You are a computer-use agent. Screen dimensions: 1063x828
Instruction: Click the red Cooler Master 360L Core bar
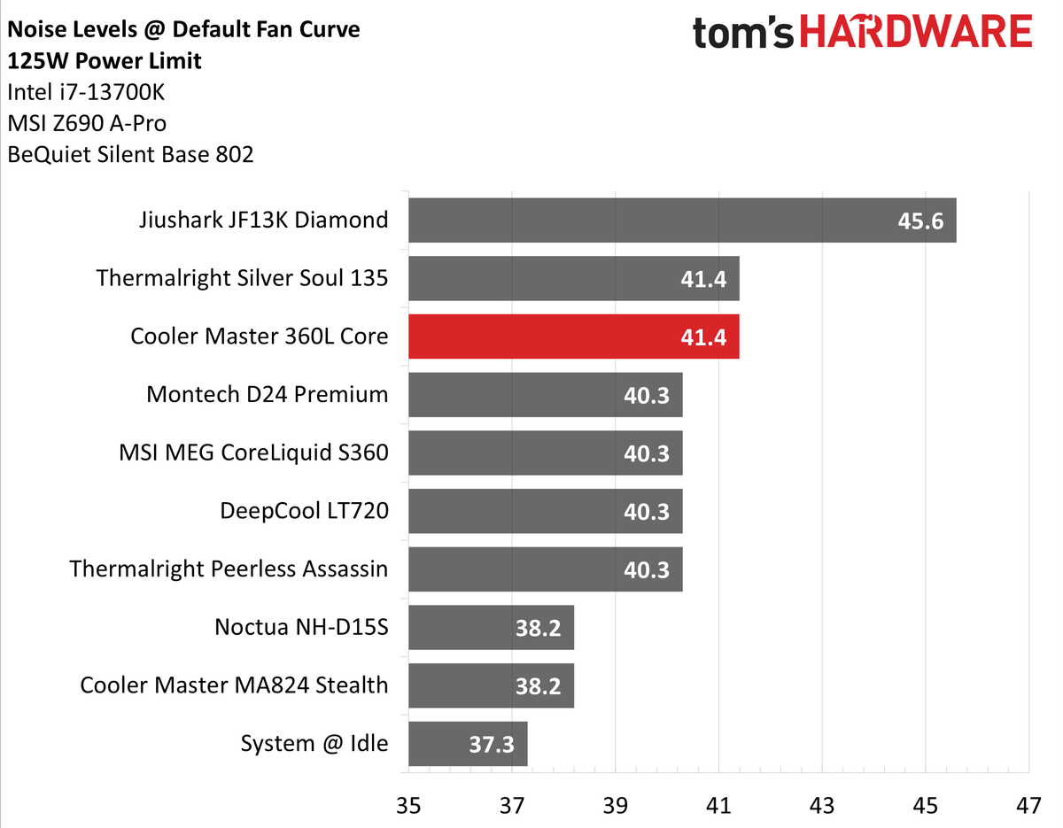pos(574,337)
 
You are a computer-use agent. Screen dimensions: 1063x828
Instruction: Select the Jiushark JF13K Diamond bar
pos(682,221)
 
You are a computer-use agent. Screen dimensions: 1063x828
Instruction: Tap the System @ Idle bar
pos(468,744)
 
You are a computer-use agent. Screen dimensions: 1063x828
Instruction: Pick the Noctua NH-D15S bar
pos(491,628)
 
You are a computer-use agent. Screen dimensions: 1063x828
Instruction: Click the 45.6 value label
pos(920,221)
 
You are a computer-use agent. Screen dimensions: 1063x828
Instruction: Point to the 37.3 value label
pos(492,745)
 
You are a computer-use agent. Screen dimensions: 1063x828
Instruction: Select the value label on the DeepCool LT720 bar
pos(646,512)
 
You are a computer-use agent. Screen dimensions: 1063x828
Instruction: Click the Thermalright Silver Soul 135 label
pos(242,278)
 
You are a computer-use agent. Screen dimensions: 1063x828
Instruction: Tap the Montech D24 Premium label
pos(268,394)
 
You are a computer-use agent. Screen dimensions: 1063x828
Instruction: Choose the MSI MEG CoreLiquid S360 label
pos(254,453)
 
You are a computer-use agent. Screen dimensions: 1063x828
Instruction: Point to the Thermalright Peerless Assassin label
pos(229,569)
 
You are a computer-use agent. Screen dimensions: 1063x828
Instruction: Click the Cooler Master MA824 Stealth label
pos(235,685)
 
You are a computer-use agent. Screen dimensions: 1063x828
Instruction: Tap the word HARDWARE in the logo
pos(916,31)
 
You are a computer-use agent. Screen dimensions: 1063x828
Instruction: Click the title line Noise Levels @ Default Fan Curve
pos(183,30)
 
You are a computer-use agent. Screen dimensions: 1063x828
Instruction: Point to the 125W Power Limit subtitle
pos(105,61)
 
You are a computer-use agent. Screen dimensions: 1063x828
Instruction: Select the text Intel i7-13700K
pos(86,92)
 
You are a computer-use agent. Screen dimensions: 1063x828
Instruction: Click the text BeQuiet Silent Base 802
pos(130,155)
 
